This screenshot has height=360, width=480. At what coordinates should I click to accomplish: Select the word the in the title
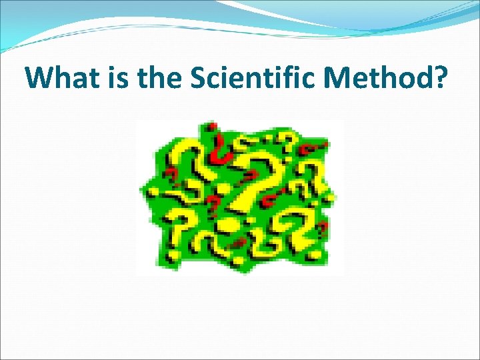point(159,79)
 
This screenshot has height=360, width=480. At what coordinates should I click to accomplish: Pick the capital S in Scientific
point(199,79)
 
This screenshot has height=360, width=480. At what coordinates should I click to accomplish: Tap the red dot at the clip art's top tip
point(212,125)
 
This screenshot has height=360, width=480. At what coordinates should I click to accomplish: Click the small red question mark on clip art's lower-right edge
point(323,230)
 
